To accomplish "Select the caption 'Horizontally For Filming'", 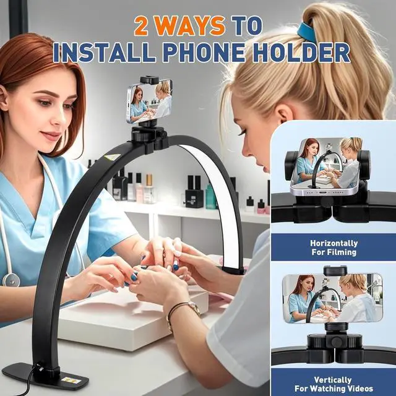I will click(333, 247).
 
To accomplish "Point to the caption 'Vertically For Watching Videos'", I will click(333, 384).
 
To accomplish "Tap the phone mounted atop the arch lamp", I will click(149, 101).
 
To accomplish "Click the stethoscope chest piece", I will click(11, 280).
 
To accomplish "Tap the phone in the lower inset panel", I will click(332, 298).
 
